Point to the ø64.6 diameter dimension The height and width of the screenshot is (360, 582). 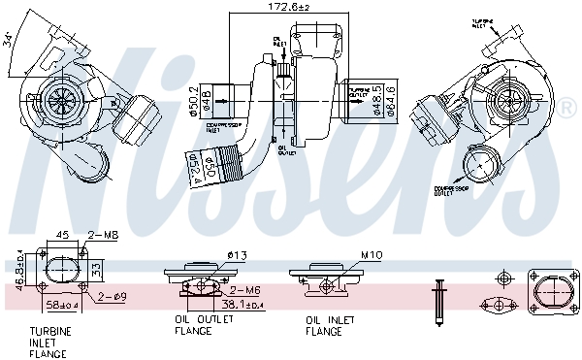click(390, 100)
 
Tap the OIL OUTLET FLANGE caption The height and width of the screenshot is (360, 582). click(193, 324)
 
